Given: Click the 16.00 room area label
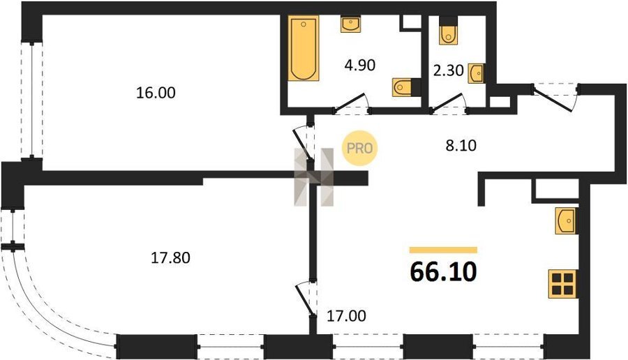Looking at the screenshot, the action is tap(156, 93).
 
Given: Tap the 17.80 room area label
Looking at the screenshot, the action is tap(170, 258).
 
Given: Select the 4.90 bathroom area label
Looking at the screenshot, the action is tap(360, 65).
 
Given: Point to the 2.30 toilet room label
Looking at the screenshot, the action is tap(449, 71).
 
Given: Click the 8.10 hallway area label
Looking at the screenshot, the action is tap(461, 145).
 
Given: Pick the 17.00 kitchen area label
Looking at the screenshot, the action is tap(346, 316).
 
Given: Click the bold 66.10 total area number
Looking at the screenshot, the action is tap(443, 272).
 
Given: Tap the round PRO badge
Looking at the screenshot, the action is tap(359, 148).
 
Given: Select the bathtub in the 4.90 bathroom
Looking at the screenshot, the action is tap(304, 48).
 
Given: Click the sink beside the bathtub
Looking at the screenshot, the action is tap(350, 24).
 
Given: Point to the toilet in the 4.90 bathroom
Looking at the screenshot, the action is tap(406, 87).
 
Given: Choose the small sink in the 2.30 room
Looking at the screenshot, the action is tap(477, 73).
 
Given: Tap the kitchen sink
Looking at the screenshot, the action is tap(567, 220).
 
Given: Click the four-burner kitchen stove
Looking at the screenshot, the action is tap(562, 284).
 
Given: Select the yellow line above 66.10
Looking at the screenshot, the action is tap(443, 250).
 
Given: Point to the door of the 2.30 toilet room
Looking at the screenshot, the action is tap(447, 101).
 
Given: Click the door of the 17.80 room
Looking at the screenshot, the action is tap(304, 300).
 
